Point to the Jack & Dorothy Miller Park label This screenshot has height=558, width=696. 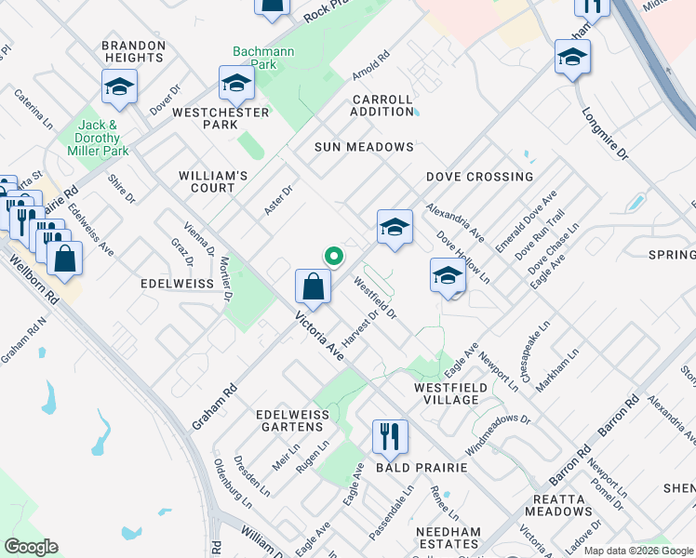click(102, 138)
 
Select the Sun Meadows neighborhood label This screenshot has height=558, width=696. click(364, 147)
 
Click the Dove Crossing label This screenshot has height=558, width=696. click(480, 177)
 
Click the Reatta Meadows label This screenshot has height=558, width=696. click(557, 505)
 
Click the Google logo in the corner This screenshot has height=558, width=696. click(31, 547)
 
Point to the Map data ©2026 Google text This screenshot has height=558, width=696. click(638, 551)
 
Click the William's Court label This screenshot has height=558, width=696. click(213, 181)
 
